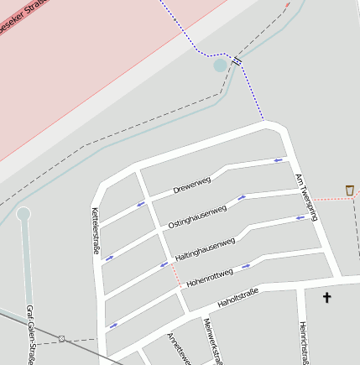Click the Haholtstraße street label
pyautogui.click(x=237, y=297)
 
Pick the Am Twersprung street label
pyautogui.click(x=307, y=198)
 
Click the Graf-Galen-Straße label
pyautogui.click(x=30, y=335)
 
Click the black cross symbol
pyautogui.click(x=327, y=297)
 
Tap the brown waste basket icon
pyautogui.click(x=350, y=190)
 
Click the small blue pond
pyautogui.click(x=221, y=65)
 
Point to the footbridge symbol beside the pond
pyautogui.click(x=237, y=60)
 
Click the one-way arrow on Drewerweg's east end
pyautogui.click(x=278, y=159)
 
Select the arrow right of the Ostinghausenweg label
pyautogui.click(x=242, y=198)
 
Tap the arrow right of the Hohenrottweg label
pyautogui.click(x=246, y=267)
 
